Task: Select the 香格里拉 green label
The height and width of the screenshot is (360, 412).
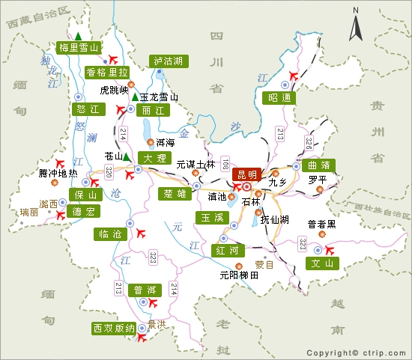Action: coord(106,73)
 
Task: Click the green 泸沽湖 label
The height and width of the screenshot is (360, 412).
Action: coord(168,61)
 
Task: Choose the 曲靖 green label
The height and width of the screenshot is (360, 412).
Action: coord(320,165)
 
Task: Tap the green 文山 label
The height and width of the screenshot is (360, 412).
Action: coord(322,263)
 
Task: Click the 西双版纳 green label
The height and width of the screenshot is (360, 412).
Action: coord(114,328)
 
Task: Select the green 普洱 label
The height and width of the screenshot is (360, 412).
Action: coord(145,290)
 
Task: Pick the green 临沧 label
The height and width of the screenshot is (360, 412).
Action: coord(109,234)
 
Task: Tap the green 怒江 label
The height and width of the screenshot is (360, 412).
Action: coord(88,109)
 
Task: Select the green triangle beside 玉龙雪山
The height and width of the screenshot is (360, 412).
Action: coord(135,97)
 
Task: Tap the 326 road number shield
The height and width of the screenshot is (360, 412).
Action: coord(309,140)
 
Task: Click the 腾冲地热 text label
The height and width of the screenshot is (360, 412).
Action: coord(58,174)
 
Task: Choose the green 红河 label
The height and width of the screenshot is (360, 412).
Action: coord(227,249)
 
